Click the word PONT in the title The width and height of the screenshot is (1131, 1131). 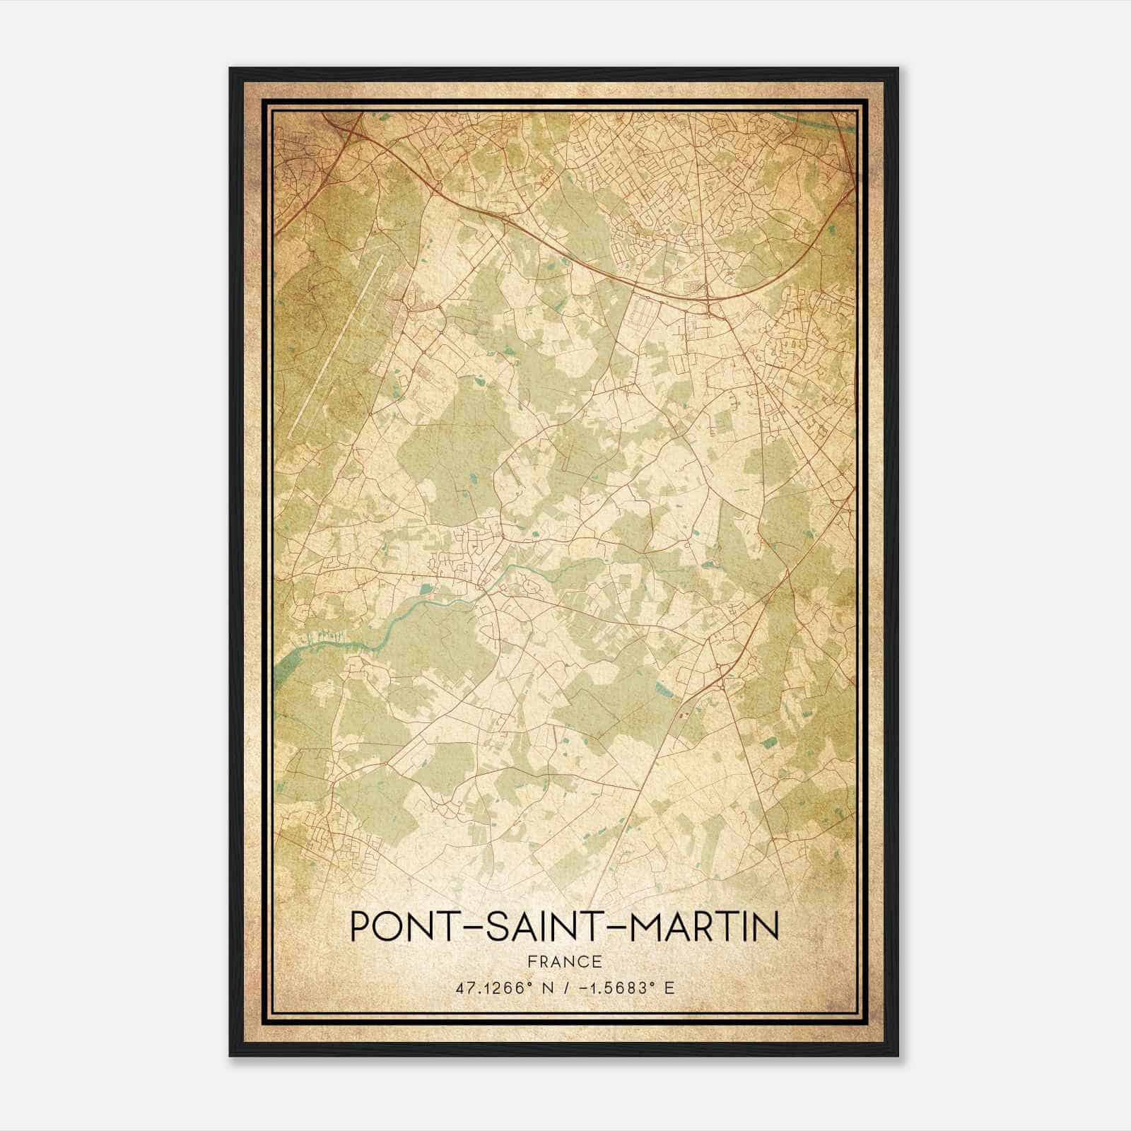(x=398, y=927)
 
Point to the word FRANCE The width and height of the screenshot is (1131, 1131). (x=564, y=961)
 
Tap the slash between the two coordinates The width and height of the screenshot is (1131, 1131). (x=565, y=988)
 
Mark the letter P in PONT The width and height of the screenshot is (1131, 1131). (x=359, y=927)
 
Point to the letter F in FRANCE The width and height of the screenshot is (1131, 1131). (x=531, y=961)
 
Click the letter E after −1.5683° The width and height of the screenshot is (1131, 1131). (x=669, y=988)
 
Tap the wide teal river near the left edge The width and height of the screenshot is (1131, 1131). (x=297, y=657)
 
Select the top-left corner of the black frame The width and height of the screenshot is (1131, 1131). (x=231, y=69)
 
